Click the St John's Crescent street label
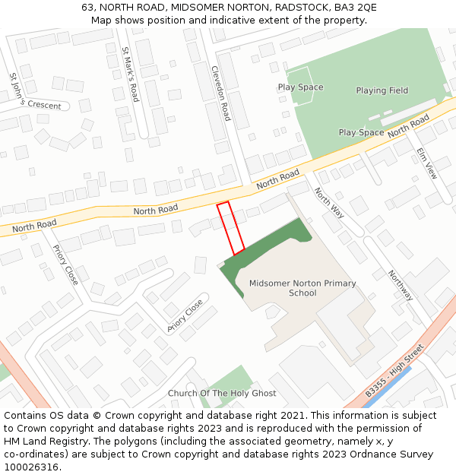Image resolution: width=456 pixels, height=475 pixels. click(x=34, y=91)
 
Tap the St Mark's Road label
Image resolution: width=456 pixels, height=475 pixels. click(x=131, y=74)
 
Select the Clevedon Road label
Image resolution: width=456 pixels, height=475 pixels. click(x=220, y=93)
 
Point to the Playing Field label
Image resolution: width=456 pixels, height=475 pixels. click(x=382, y=90)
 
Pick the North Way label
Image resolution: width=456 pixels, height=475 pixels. click(x=329, y=203)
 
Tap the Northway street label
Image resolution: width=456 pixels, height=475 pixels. click(x=401, y=285)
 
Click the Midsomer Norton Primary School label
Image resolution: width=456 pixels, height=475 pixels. click(x=302, y=288)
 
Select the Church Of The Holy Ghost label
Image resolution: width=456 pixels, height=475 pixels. click(x=222, y=394)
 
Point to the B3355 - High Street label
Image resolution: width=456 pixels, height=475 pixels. click(x=393, y=371)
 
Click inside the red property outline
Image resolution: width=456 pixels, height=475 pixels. click(x=230, y=227)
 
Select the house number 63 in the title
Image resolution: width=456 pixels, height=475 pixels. click(x=87, y=7)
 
